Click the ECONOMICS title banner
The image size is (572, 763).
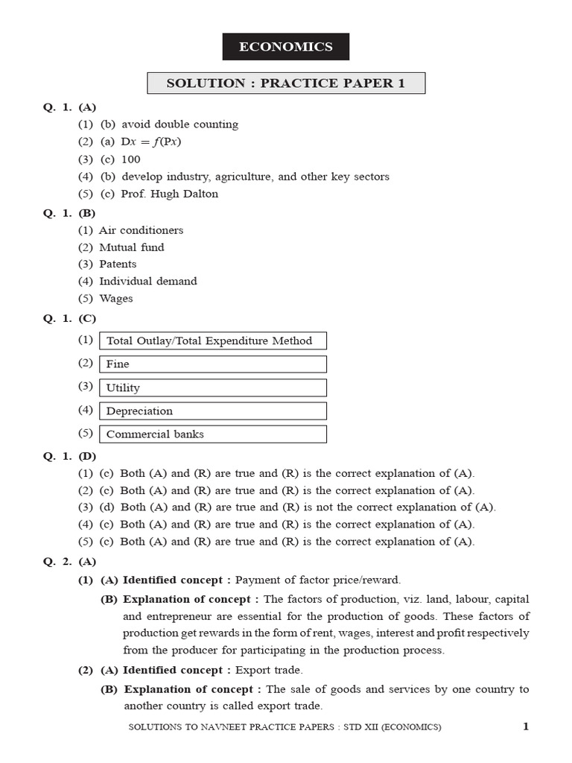(285, 47)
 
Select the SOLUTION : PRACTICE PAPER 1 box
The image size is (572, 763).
(285, 83)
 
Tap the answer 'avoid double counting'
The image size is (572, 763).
(179, 124)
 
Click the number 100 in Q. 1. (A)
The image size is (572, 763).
(130, 159)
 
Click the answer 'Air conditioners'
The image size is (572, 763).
(141, 230)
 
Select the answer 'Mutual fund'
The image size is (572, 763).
(132, 247)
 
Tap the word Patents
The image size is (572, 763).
(118, 264)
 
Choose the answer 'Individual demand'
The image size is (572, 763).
(148, 281)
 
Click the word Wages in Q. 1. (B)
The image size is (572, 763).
(116, 298)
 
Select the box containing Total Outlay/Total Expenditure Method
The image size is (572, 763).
(212, 341)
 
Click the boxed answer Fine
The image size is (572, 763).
(212, 364)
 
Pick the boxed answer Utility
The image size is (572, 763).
(212, 387)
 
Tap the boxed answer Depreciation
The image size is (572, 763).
(212, 411)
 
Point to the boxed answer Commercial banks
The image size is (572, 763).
(212, 434)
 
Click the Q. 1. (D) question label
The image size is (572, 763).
(69, 456)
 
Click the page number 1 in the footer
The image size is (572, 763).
(525, 726)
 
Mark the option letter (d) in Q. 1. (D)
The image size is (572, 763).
(108, 507)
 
